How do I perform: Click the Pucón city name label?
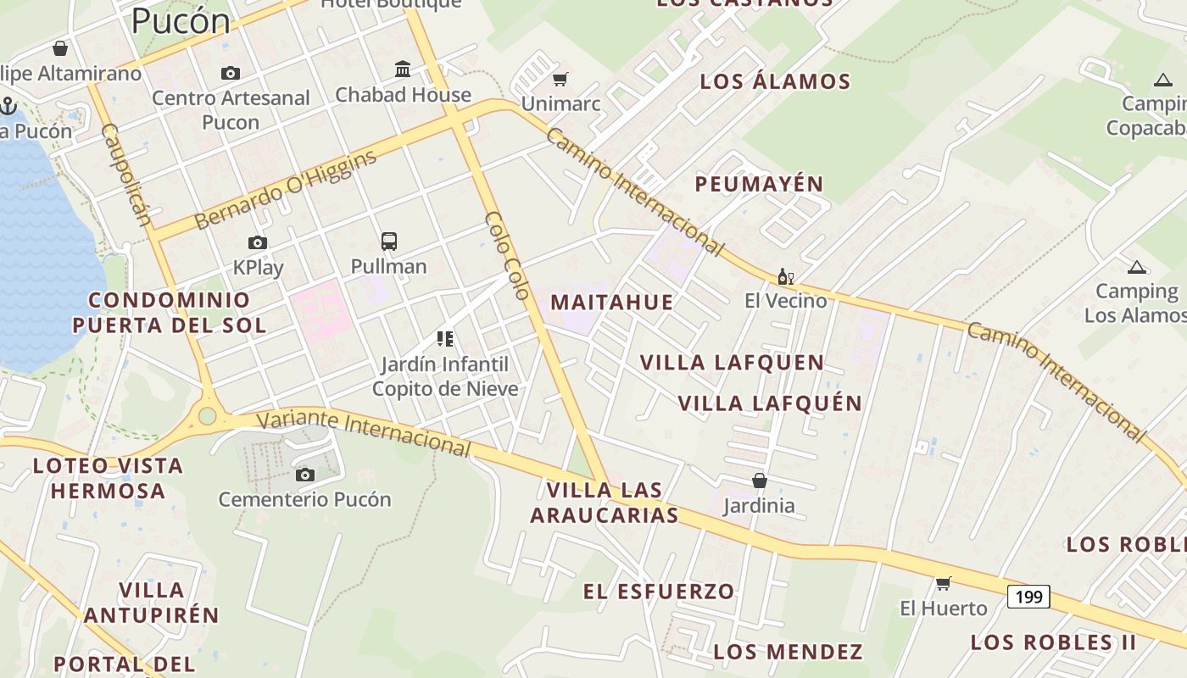(x=181, y=21)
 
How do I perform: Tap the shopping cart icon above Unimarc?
(x=560, y=80)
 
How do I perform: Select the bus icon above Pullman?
(x=389, y=242)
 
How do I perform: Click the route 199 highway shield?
(x=1028, y=597)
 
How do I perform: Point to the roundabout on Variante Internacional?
(x=207, y=416)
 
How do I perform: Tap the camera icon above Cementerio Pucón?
(x=305, y=475)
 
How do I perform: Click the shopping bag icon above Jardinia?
(x=760, y=481)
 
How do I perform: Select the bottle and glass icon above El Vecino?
(x=785, y=276)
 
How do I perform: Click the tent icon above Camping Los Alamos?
(x=1136, y=268)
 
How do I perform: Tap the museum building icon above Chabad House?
(x=403, y=69)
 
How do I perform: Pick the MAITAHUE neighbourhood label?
(x=611, y=303)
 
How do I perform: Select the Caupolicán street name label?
(x=125, y=175)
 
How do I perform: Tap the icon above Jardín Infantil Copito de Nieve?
(x=445, y=339)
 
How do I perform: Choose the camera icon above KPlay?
(x=258, y=243)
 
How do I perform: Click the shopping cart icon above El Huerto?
(x=943, y=583)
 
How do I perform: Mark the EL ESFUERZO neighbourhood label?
(x=658, y=592)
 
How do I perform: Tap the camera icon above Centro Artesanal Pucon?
(x=231, y=74)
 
